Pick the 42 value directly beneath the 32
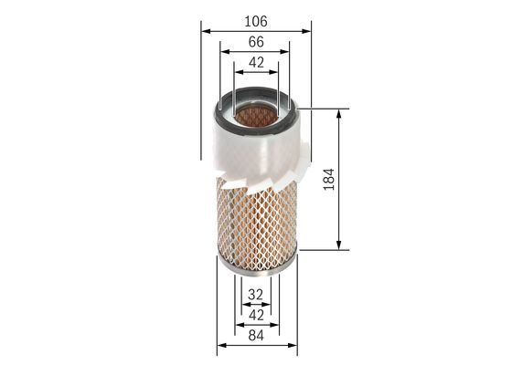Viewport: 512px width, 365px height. pyautogui.click(x=257, y=315)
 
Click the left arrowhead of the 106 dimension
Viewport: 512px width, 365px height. pyautogui.click(x=204, y=26)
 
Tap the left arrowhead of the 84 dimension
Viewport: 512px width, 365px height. pyautogui.click(x=220, y=345)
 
